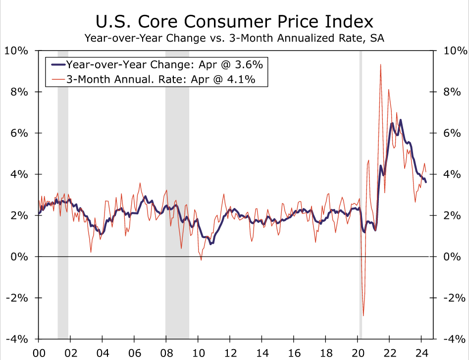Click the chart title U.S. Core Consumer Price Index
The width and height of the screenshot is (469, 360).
click(x=234, y=22)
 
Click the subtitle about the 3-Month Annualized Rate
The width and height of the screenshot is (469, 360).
click(x=234, y=38)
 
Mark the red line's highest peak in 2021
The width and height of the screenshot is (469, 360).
click(x=380, y=64)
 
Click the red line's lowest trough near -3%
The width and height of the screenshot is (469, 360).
click(x=363, y=315)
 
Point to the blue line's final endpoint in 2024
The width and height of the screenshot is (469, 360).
click(x=426, y=182)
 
